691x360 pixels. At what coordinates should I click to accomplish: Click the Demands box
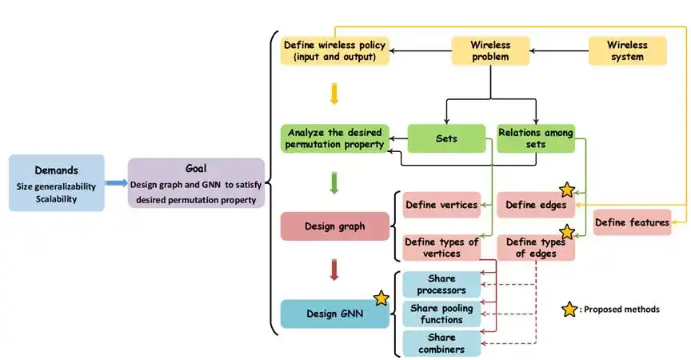tap(57, 182)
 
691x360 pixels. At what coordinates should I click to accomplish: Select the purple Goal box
tap(195, 182)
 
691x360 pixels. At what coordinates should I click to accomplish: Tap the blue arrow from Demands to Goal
tap(116, 183)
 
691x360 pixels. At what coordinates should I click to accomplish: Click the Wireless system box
tap(627, 51)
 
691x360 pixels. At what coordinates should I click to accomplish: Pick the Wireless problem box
tap(491, 51)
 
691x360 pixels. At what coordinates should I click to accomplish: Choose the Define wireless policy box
tap(335, 51)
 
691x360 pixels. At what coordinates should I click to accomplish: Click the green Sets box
tap(446, 138)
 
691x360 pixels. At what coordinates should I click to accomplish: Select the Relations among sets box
tap(536, 138)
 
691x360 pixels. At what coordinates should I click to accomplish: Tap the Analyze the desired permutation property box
tap(335, 138)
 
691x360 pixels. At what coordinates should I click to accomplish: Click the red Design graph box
tap(334, 226)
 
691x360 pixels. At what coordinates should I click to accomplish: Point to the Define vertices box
tap(441, 206)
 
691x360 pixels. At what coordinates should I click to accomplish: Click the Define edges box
tap(536, 206)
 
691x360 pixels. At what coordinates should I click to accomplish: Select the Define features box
tap(632, 222)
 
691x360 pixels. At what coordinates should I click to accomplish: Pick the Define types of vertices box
tap(441, 248)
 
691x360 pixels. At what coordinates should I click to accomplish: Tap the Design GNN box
tap(334, 314)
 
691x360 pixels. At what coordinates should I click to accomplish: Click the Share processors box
tap(441, 284)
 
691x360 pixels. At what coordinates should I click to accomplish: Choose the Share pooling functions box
tap(441, 314)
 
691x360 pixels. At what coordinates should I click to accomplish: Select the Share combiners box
tap(441, 343)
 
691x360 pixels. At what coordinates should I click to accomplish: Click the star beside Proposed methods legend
tap(569, 309)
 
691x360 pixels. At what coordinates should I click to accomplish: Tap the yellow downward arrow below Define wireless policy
tap(334, 94)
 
